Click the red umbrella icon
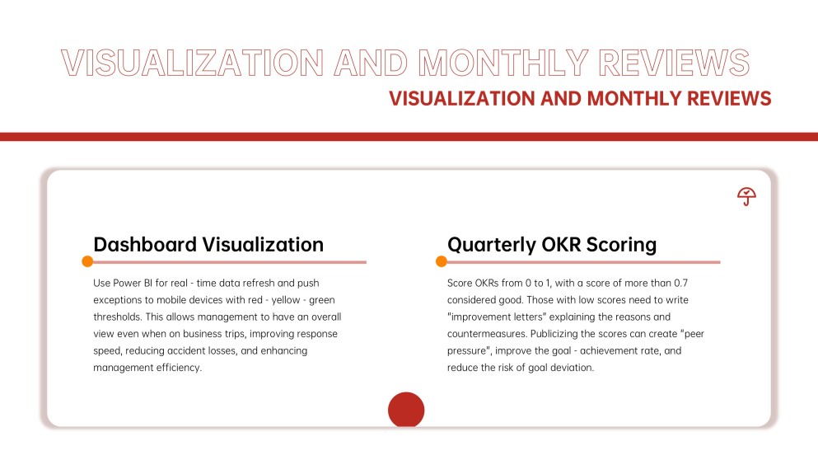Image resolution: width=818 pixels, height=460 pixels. point(746,196)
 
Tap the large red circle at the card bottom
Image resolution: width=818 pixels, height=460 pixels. point(406,410)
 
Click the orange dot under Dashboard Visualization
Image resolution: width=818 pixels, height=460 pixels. point(87,261)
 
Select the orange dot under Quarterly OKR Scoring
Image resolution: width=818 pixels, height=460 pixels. point(442,261)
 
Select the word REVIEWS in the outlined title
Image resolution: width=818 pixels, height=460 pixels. point(674,63)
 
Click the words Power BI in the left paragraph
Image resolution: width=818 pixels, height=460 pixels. point(133,283)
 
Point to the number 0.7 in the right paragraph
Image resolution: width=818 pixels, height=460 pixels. point(680,283)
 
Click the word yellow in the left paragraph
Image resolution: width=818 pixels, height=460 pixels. point(285,300)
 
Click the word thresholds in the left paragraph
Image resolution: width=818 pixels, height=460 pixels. point(117,317)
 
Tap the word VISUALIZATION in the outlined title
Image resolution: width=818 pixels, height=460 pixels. point(193,63)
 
